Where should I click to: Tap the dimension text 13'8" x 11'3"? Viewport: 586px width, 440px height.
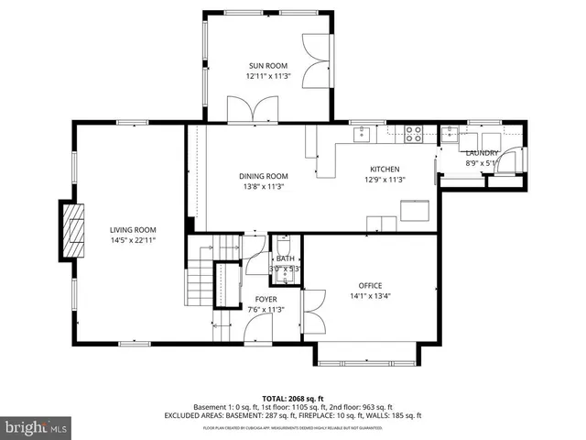click(263, 187)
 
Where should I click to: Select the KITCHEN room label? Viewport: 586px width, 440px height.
click(385, 169)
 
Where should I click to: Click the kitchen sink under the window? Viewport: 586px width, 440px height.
click(363, 135)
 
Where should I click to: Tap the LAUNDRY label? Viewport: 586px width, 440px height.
click(482, 153)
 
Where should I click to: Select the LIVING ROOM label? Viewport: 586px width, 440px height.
click(133, 230)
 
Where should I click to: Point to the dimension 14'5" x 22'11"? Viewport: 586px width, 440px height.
click(133, 241)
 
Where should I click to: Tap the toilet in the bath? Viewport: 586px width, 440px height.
click(285, 246)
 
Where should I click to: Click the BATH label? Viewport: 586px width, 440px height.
click(286, 258)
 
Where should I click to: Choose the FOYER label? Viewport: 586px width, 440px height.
click(266, 299)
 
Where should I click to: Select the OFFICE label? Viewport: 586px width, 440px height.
click(371, 285)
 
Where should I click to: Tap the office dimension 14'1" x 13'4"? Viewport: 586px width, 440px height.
click(371, 296)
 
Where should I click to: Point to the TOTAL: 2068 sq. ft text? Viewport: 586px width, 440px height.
click(292, 399)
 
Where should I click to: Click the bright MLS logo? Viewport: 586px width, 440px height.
click(35, 427)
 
